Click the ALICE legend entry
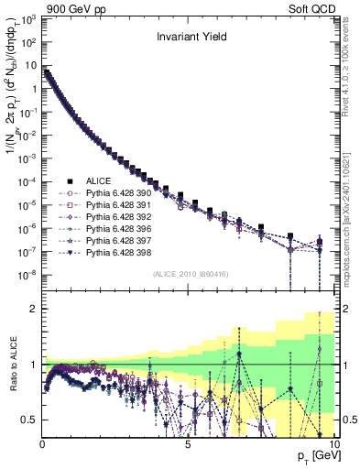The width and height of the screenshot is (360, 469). tap(99, 180)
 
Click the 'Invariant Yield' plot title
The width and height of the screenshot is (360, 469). tap(188, 38)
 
